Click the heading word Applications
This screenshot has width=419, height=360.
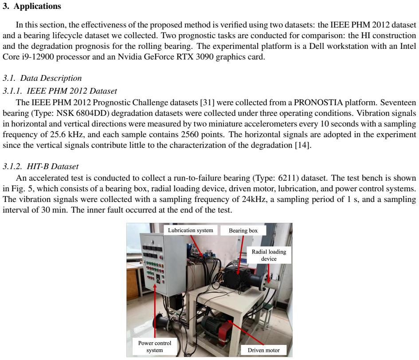point(37,6)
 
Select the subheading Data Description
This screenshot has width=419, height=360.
point(51,78)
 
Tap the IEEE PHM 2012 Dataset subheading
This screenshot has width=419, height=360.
point(72,91)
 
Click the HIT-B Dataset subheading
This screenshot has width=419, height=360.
point(53,166)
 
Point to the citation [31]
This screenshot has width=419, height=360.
point(208,103)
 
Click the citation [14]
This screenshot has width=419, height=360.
point(303,145)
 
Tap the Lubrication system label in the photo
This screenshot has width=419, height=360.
point(191,230)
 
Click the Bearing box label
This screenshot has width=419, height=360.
point(243,230)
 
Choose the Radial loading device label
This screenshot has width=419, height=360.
point(269,255)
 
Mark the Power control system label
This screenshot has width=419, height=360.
point(155,347)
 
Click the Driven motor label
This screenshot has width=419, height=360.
point(264,350)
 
